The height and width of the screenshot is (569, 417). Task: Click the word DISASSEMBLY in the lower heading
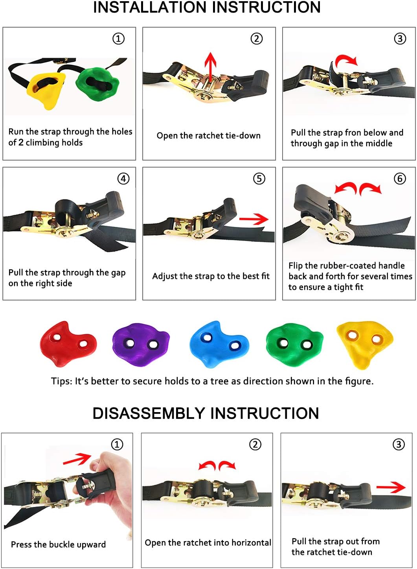click(149, 413)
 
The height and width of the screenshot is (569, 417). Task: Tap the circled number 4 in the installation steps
click(123, 179)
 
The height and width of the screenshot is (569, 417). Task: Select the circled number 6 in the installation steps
click(400, 179)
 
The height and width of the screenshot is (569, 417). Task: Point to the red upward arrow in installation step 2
click(211, 67)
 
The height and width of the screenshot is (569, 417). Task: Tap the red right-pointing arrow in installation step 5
click(254, 219)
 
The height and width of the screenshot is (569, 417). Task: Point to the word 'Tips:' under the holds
click(61, 381)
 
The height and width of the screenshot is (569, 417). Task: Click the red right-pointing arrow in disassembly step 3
click(391, 488)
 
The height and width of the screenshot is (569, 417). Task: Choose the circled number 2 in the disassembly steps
click(255, 444)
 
